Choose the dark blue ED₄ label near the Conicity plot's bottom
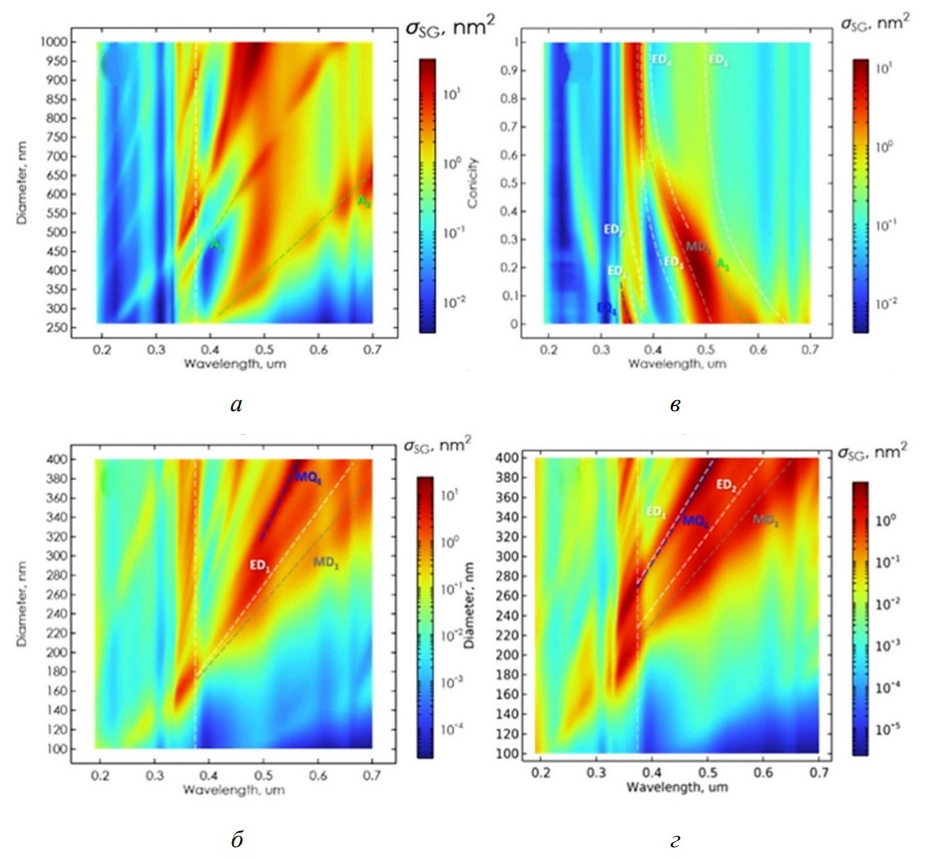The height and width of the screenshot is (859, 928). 605,309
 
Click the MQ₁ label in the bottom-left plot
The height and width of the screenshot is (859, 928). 307,479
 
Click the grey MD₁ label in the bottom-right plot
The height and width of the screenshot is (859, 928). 764,519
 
